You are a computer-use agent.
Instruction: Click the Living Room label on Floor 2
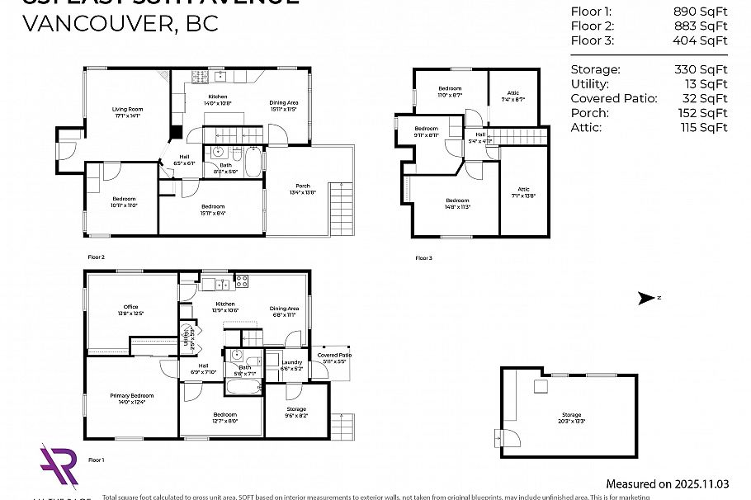pos(128,112)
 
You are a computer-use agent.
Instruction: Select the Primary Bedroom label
pos(132,399)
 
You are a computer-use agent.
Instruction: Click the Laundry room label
pos(291,365)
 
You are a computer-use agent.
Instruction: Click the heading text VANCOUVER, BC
pos(120,23)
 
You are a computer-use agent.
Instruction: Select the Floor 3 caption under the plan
pos(423,258)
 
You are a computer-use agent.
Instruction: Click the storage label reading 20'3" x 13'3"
pos(571,418)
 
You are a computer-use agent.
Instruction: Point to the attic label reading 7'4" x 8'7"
pos(512,97)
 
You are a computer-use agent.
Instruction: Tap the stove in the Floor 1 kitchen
pos(242,281)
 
